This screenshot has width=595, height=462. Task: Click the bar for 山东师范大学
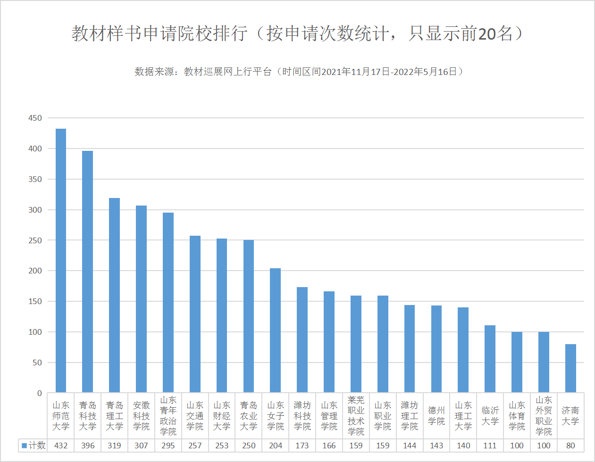click(x=61, y=260)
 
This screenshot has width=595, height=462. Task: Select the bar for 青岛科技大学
click(x=87, y=272)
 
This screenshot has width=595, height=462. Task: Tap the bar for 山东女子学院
click(x=275, y=330)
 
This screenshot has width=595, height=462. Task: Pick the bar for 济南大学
click(x=570, y=368)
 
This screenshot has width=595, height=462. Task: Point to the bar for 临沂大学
click(x=490, y=359)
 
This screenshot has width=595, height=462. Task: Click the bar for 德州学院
click(x=436, y=349)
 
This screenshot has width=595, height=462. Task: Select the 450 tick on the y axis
click(x=35, y=118)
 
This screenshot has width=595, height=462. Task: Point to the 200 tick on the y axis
click(x=35, y=271)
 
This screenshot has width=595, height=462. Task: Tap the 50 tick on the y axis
click(x=37, y=363)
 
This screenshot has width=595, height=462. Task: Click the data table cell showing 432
click(x=61, y=445)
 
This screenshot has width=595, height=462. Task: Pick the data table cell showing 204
click(x=275, y=445)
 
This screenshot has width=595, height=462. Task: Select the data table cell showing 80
click(x=570, y=445)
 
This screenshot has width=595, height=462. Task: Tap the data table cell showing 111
click(x=490, y=445)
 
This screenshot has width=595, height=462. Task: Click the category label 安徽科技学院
click(x=141, y=416)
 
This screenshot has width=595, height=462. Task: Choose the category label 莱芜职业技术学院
click(x=356, y=416)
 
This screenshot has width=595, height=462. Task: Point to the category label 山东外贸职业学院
click(x=544, y=416)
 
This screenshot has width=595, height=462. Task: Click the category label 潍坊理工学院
click(x=410, y=416)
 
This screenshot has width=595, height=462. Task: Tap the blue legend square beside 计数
click(x=24, y=445)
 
